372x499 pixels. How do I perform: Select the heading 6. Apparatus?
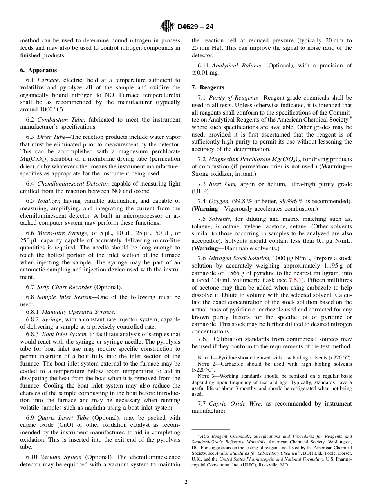pos(38,70)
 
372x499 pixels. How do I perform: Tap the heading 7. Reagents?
pos(208,87)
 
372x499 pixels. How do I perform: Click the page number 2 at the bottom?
pos(186,482)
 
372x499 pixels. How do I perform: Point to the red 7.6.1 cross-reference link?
pos(295,280)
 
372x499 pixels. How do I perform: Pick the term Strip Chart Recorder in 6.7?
pos(65,287)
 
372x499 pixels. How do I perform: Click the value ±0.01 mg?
pos(206,73)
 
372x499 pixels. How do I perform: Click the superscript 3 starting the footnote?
pos(199,435)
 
